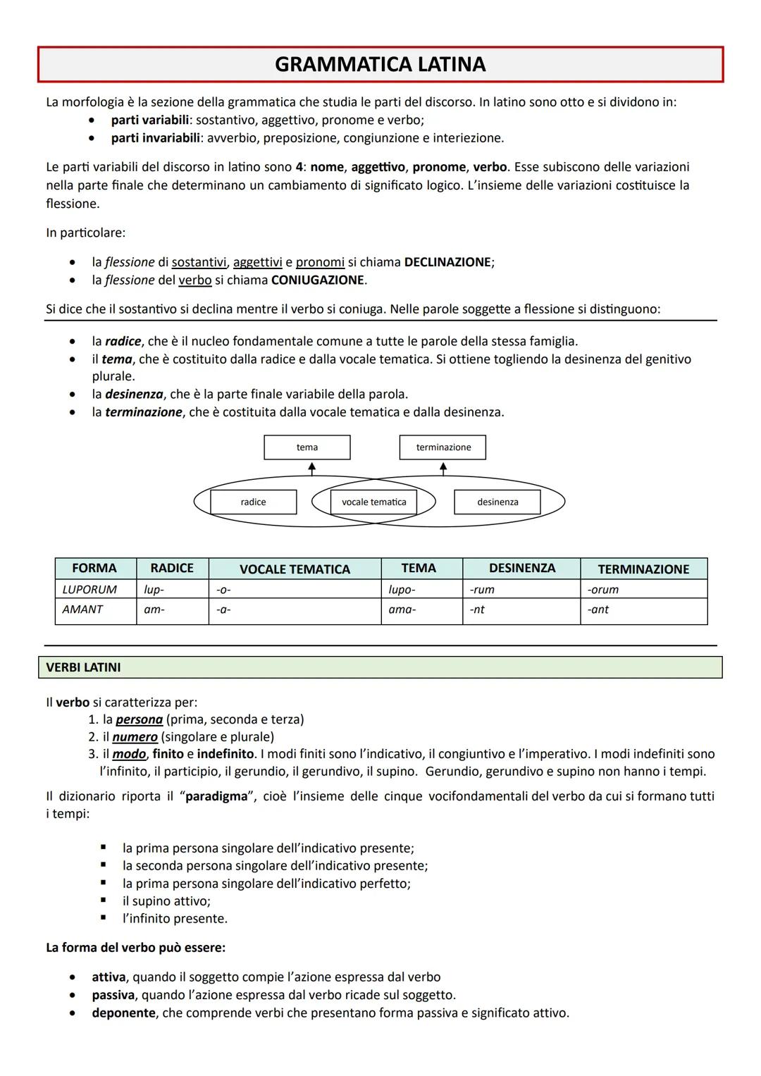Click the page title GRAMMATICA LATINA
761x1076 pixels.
[380, 65]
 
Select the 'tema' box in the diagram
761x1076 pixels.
[307, 447]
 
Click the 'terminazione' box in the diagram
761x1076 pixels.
[443, 447]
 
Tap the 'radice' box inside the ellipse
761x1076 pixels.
[254, 502]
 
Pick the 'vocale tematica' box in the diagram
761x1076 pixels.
[373, 502]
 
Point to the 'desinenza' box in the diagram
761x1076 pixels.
[497, 502]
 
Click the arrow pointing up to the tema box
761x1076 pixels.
[311, 469]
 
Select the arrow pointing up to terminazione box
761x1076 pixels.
[443, 469]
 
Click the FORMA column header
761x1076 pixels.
[94, 568]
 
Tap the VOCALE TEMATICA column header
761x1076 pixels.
[295, 569]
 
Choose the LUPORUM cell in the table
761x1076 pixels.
[90, 589]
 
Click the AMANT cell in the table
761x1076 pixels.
[83, 610]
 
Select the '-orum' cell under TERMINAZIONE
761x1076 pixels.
[603, 589]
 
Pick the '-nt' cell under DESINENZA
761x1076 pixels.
[478, 610]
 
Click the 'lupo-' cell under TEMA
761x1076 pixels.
[402, 589]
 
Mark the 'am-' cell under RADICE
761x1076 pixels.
[154, 610]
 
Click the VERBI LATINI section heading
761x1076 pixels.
[83, 667]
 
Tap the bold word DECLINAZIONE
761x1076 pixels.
[447, 262]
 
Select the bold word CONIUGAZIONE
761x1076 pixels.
[318, 280]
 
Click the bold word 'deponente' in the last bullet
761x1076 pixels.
[123, 1013]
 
